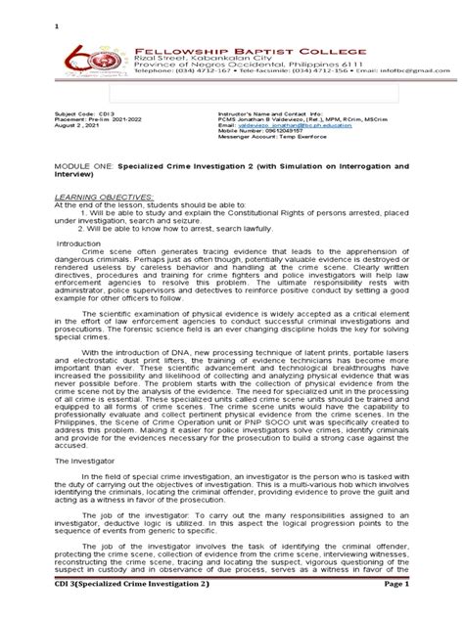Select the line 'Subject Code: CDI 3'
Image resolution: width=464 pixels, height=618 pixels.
point(82,141)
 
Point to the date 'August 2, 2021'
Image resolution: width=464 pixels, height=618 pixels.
point(79,154)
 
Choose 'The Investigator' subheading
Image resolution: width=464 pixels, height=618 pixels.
point(84,484)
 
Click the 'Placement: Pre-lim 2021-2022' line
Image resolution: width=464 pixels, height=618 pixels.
point(99,148)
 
